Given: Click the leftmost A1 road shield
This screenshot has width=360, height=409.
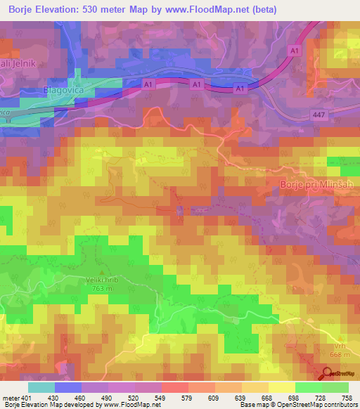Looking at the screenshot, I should (x=148, y=84).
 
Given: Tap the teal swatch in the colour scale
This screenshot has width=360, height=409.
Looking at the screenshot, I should (x=41, y=387).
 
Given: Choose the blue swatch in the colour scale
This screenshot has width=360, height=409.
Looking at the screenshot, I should (x=68, y=387).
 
